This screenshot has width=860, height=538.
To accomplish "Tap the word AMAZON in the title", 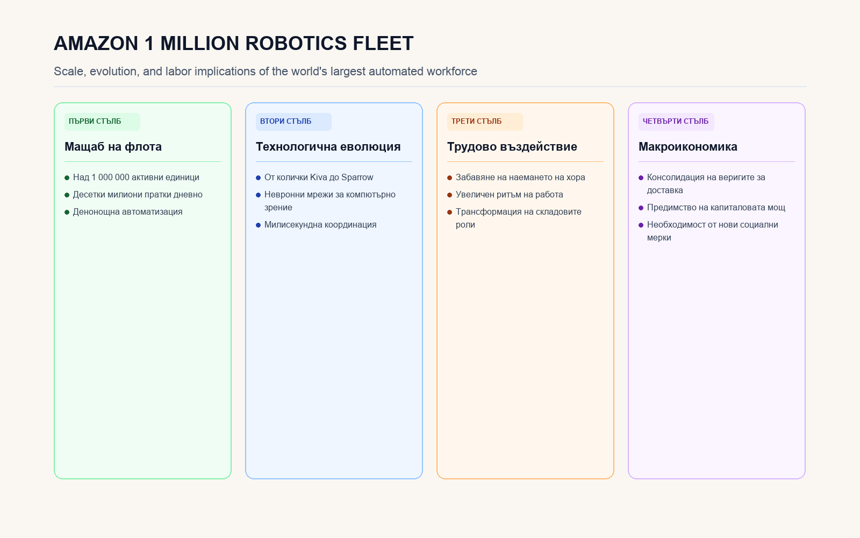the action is click(x=96, y=43).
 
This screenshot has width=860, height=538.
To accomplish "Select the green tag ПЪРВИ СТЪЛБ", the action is click(x=102, y=122).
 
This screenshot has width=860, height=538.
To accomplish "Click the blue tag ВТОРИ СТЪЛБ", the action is click(x=293, y=122).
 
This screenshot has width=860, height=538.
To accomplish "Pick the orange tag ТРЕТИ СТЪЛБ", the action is click(x=484, y=122).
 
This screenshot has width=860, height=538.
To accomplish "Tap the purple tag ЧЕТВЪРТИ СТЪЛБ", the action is click(x=676, y=122).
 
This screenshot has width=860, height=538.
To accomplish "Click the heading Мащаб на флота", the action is click(x=113, y=146).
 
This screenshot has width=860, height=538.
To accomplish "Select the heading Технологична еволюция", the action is click(x=328, y=146).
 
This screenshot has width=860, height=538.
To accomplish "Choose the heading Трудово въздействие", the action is click(x=512, y=146).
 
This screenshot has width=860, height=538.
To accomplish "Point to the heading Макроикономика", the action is click(x=687, y=146).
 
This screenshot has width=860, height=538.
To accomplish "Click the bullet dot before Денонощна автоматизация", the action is click(x=67, y=212).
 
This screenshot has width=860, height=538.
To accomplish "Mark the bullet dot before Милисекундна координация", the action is click(x=258, y=225).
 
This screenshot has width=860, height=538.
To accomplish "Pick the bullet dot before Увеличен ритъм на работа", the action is click(x=449, y=195).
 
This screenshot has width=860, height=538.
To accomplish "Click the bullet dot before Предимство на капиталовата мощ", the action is click(x=641, y=208).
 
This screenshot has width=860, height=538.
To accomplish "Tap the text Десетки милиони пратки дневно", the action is click(x=138, y=194).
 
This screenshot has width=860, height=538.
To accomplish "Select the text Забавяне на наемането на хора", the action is click(x=520, y=177).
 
